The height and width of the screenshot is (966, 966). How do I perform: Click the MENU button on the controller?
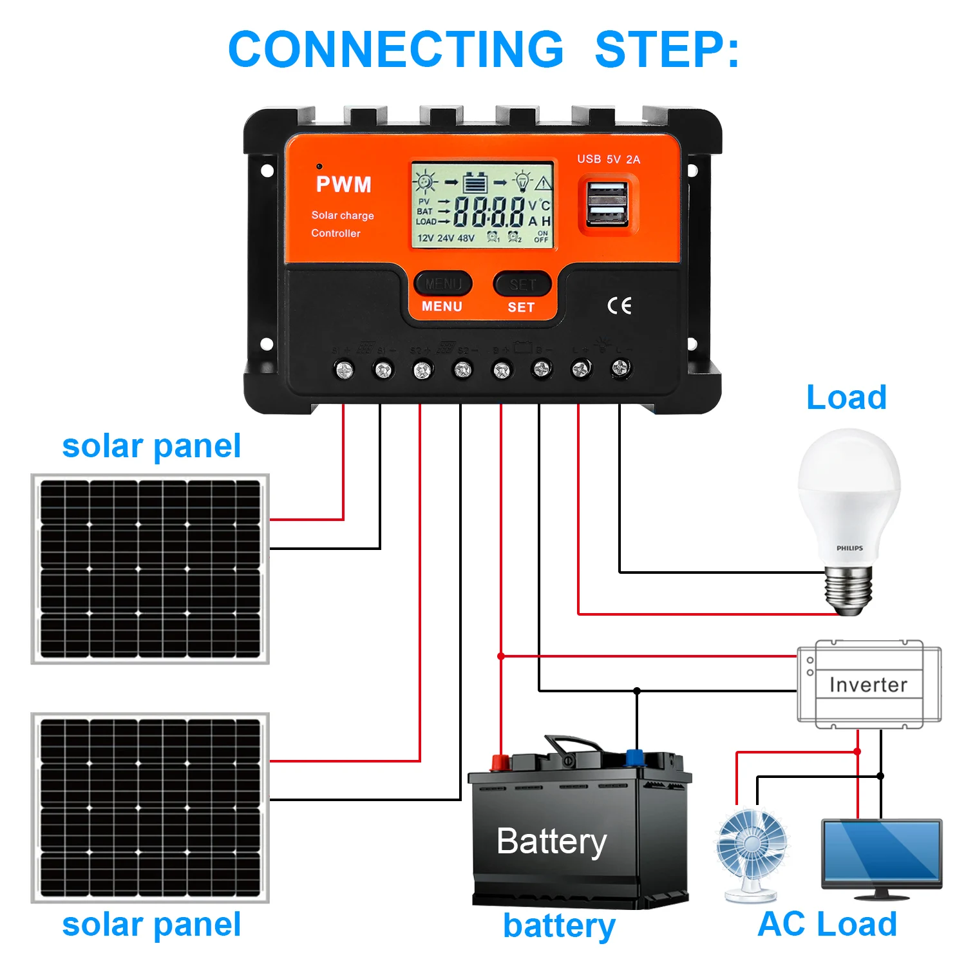(442, 284)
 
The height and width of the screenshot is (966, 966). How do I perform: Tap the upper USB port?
(606, 193)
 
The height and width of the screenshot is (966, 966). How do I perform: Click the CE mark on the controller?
(620, 306)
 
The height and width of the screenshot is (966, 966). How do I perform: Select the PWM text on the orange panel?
(344, 185)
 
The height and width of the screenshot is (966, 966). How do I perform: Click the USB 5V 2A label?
(608, 159)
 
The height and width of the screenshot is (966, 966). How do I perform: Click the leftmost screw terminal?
(345, 370)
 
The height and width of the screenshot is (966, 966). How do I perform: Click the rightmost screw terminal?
(620, 368)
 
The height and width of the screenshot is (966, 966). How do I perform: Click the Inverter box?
(869, 685)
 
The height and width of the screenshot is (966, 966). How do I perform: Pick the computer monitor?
(882, 857)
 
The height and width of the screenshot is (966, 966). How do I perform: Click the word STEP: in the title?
(667, 50)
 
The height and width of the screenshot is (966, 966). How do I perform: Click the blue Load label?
(846, 397)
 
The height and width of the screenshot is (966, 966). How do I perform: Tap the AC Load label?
(828, 924)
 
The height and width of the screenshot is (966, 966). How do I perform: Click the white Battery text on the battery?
(552, 842)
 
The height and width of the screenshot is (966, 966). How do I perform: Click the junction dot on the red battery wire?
(501, 656)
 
